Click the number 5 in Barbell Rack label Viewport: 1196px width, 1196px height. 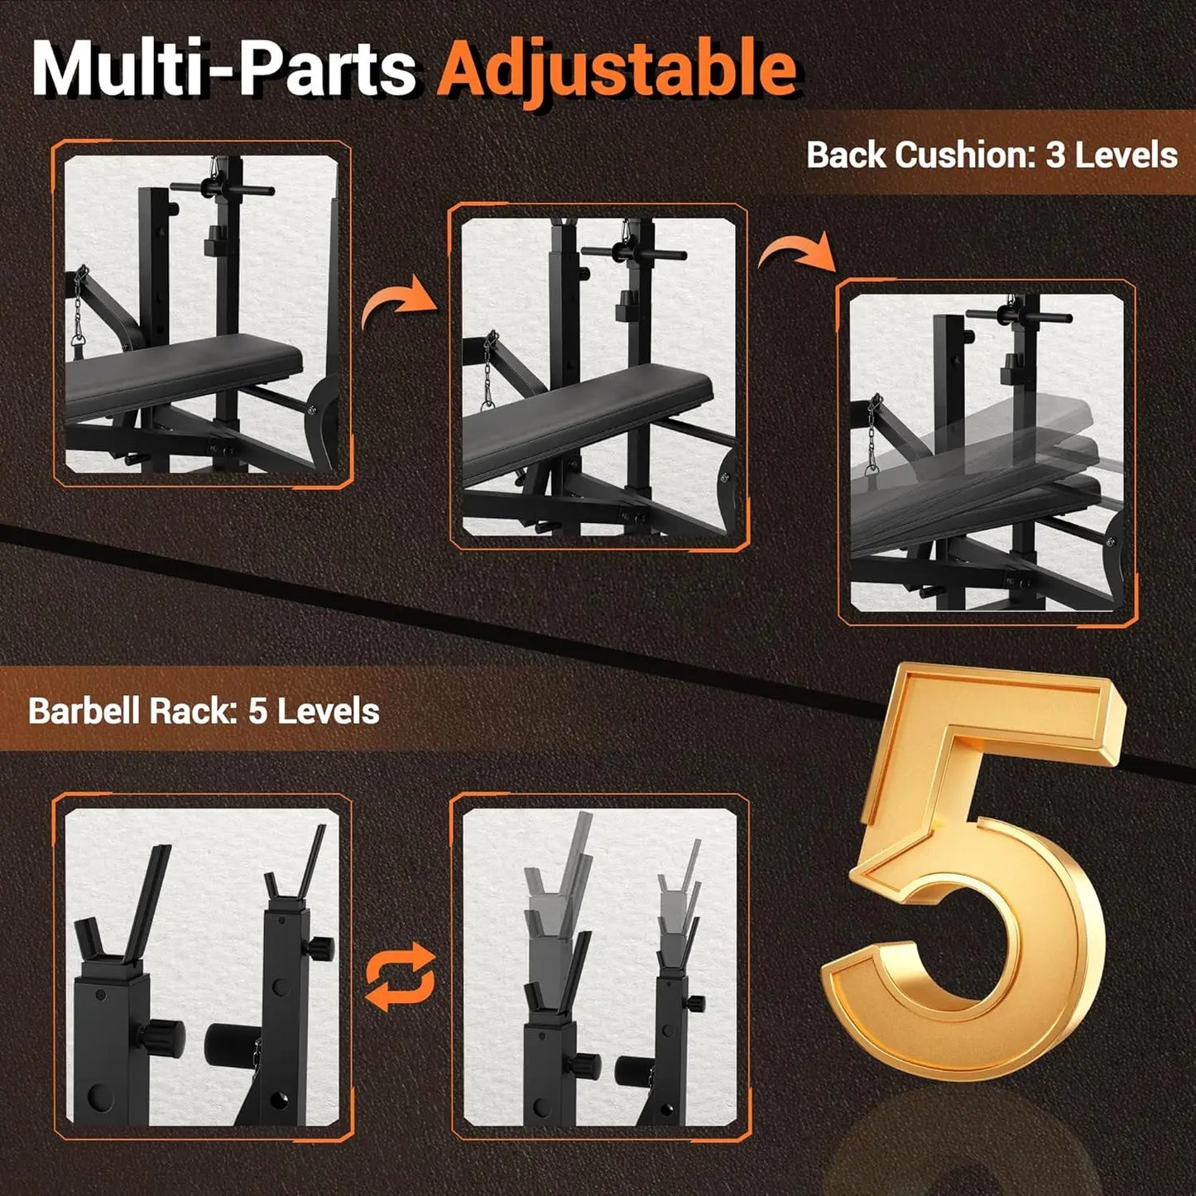(257, 711)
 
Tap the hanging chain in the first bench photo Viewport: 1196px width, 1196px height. (82, 306)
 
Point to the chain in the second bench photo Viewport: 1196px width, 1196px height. (490, 372)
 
